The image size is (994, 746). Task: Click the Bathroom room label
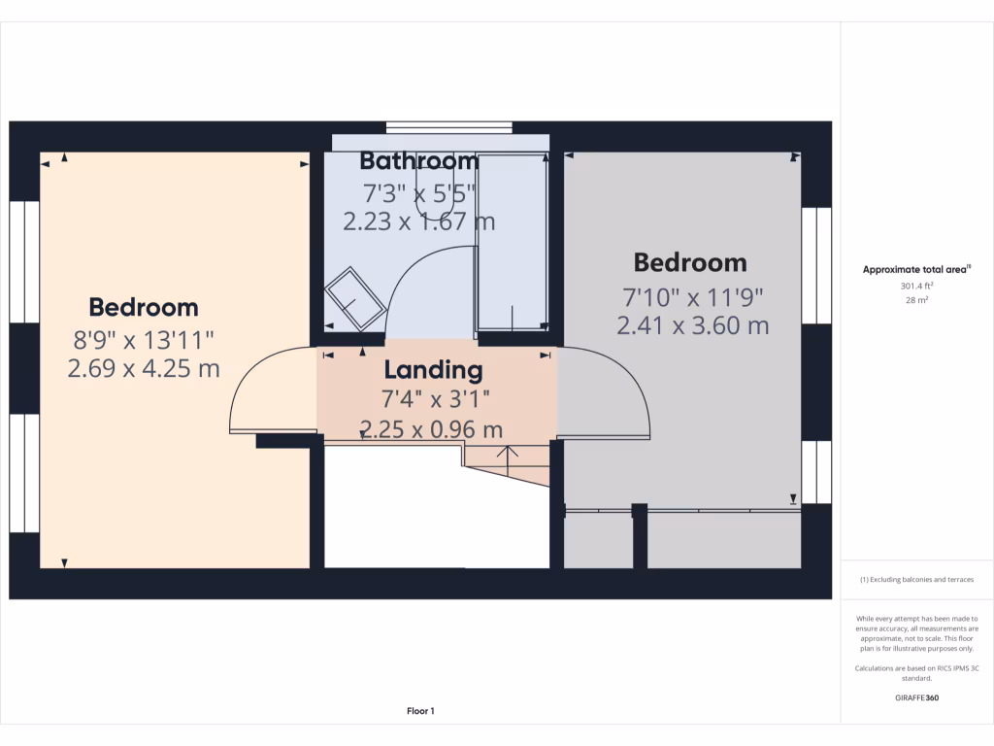click(x=419, y=161)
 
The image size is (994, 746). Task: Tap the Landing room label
click(x=433, y=370)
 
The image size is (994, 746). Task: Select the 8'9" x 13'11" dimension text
click(x=144, y=339)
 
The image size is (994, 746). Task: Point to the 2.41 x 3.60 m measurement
click(x=692, y=325)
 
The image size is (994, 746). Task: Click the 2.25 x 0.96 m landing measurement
click(x=432, y=428)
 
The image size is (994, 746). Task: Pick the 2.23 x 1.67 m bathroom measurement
click(x=419, y=221)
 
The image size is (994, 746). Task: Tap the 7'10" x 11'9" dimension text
click(x=692, y=295)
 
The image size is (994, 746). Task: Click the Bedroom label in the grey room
click(x=690, y=262)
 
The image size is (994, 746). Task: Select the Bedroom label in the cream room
click(x=144, y=308)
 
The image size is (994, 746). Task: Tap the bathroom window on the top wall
click(x=448, y=126)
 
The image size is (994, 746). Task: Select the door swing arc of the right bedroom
click(x=621, y=389)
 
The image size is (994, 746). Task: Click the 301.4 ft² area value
click(x=916, y=287)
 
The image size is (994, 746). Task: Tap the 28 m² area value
click(x=916, y=301)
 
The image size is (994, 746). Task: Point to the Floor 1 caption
click(x=420, y=712)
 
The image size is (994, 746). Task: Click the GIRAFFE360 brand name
click(x=916, y=697)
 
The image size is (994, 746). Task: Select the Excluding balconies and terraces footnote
click(x=916, y=580)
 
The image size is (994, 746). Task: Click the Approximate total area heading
click(x=916, y=270)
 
